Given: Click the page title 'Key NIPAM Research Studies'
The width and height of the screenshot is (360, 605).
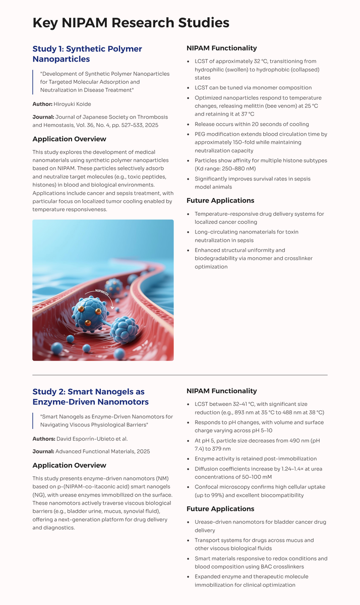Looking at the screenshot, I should click(x=131, y=23).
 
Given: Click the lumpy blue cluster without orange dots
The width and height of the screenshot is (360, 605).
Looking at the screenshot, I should click(x=124, y=330).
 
